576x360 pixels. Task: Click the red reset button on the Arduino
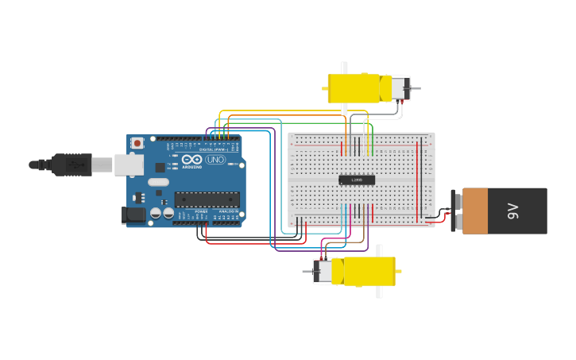(x=137, y=143)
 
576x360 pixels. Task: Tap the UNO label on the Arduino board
(x=215, y=160)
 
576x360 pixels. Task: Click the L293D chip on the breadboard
(x=357, y=180)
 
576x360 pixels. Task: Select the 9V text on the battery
(x=513, y=211)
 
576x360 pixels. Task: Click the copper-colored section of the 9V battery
(x=475, y=211)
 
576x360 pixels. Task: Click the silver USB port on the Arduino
(x=128, y=165)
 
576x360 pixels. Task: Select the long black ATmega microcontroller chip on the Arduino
(x=207, y=199)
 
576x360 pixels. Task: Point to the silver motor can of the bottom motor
(x=323, y=271)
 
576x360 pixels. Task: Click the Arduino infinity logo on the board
(x=192, y=160)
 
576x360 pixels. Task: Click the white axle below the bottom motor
(x=379, y=292)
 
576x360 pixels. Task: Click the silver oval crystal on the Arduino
(x=158, y=182)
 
